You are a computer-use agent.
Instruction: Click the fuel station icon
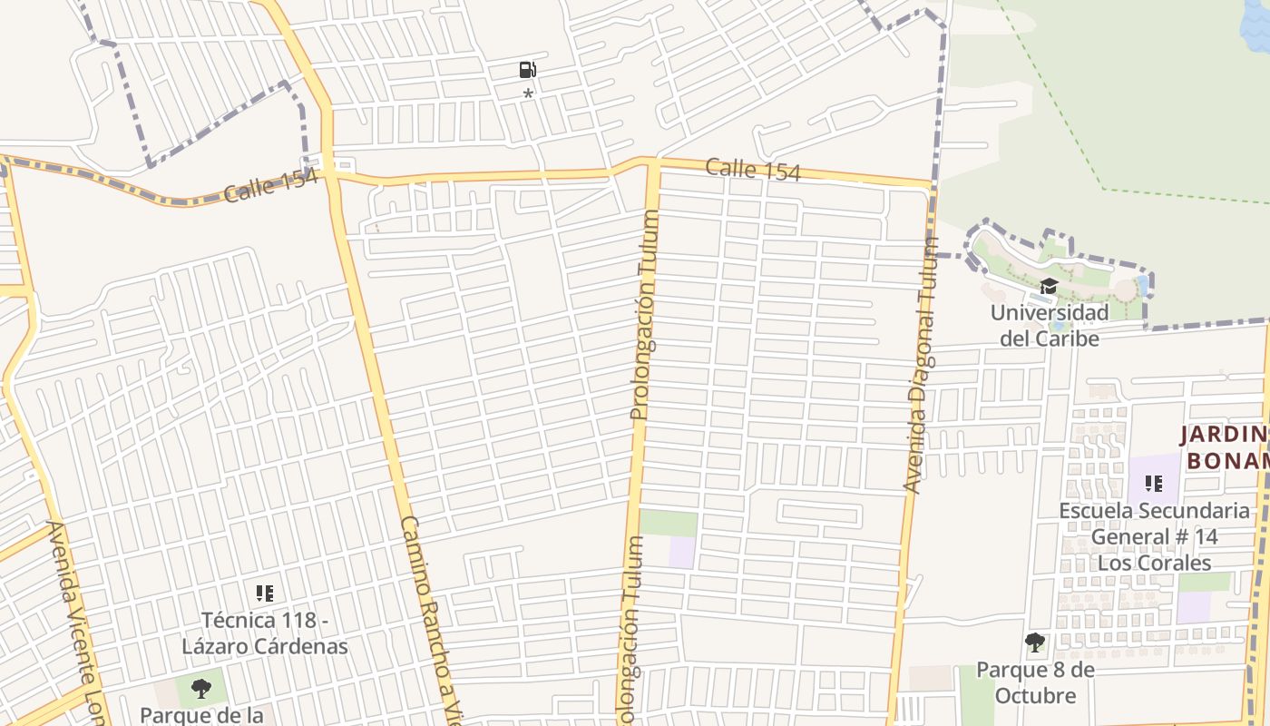coord(527,69)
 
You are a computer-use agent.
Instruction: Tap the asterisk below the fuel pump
coord(528,93)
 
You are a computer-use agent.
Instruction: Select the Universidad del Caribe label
coord(1049,325)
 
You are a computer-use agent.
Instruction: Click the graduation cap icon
coord(1049,287)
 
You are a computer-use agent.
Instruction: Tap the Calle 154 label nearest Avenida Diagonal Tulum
coord(753,169)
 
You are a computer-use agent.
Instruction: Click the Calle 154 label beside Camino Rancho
coord(271,185)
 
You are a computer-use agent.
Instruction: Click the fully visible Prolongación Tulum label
coord(643,315)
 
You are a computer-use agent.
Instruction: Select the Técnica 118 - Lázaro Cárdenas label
coord(265,633)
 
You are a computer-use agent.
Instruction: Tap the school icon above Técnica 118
coord(265,594)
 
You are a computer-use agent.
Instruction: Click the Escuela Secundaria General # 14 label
coord(1154,536)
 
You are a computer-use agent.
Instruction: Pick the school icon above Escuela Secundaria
coord(1154,484)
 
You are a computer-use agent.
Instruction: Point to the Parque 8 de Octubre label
coord(1035,682)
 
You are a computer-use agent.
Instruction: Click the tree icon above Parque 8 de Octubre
coord(1035,643)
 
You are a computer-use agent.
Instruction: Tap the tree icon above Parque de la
coord(201,689)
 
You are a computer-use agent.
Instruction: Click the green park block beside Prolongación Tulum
coord(669,524)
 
